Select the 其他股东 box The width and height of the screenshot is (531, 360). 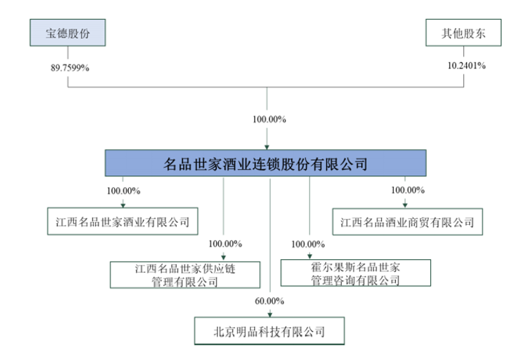[463, 33]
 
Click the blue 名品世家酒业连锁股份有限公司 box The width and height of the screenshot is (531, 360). [266, 163]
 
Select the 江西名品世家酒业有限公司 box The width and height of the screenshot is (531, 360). [123, 222]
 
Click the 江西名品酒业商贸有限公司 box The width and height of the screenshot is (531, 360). [407, 222]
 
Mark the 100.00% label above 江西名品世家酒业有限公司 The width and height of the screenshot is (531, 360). [124, 190]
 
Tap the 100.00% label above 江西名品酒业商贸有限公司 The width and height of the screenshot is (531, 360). [408, 190]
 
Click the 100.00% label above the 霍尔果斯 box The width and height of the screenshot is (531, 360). [308, 243]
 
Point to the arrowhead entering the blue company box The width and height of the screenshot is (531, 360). [267, 147]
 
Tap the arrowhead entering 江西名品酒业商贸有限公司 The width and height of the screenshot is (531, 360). [405, 205]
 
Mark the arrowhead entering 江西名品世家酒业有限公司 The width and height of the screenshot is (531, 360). [123, 205]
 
